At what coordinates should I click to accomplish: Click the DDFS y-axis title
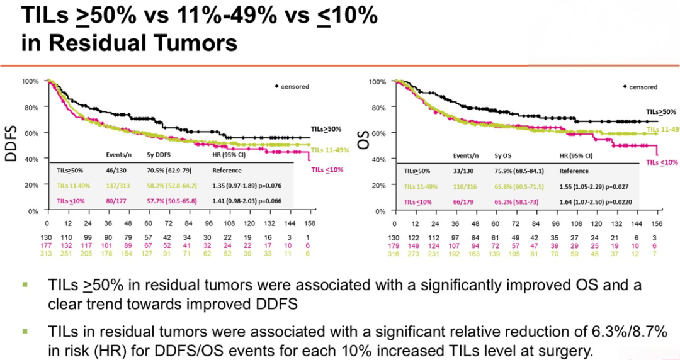(11, 143)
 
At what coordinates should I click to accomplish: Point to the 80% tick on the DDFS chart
(31, 107)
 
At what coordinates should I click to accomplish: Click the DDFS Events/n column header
(118, 154)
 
